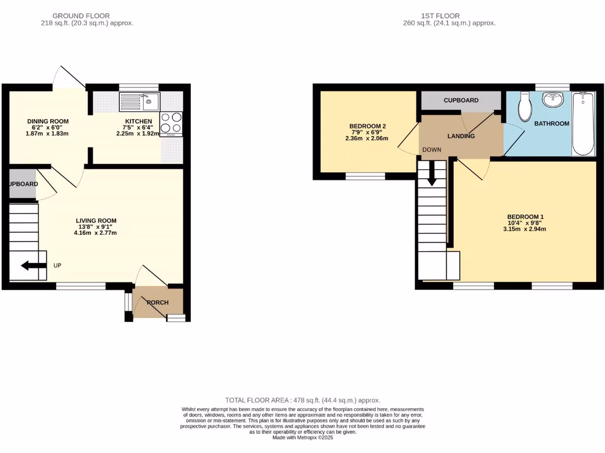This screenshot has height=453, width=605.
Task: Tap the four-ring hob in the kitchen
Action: [171, 123]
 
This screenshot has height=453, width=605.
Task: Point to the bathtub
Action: [583, 123]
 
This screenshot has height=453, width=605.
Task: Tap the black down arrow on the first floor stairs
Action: [432, 173]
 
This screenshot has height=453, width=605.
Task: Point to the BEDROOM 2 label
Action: [367, 126]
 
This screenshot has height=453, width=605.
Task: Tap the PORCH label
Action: [158, 303]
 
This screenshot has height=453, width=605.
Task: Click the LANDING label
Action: [461, 136]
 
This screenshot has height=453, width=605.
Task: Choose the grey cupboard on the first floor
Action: [461, 101]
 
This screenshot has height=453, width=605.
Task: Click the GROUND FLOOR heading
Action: [81, 16]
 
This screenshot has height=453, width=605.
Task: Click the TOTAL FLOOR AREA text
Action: [302, 400]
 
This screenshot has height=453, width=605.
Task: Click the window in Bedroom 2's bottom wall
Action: [365, 176]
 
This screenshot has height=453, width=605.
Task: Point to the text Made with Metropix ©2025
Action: [302, 438]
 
